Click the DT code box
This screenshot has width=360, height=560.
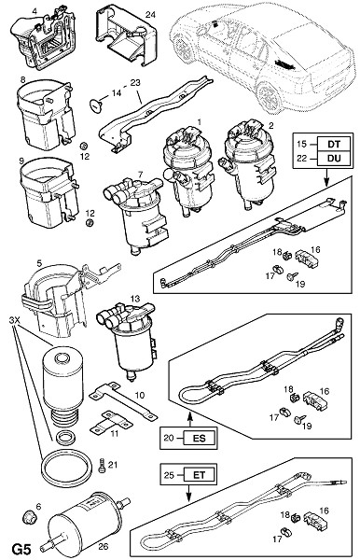(x=334, y=144)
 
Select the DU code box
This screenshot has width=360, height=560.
(x=334, y=159)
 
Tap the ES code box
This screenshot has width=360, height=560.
(x=200, y=438)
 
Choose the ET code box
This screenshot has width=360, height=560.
(x=200, y=475)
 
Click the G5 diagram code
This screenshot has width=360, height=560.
(x=21, y=549)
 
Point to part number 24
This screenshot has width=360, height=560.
(x=150, y=15)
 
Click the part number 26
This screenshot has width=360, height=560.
(x=103, y=546)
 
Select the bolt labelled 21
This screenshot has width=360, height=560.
(x=102, y=465)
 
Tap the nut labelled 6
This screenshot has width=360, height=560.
(x=28, y=517)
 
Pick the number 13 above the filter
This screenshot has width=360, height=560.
(x=135, y=298)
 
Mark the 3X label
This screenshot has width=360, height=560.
(x=15, y=321)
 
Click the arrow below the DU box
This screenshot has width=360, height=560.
(x=326, y=177)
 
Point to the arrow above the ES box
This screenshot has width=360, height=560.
(x=190, y=419)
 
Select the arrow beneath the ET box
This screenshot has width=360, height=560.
(x=188, y=493)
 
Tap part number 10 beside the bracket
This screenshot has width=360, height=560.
(x=140, y=395)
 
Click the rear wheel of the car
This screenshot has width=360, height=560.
(x=270, y=97)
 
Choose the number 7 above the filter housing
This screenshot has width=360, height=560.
(x=140, y=175)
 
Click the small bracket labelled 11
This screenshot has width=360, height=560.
(x=110, y=423)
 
